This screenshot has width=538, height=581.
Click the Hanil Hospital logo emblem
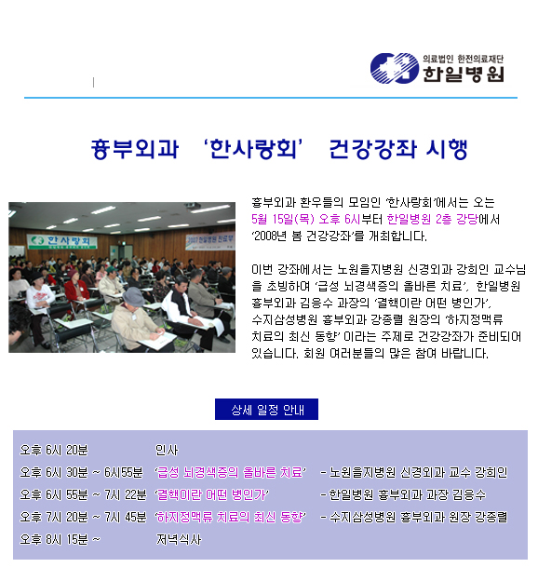(x=395, y=68)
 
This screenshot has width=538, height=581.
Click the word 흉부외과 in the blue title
(x=135, y=149)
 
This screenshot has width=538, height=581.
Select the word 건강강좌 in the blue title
(x=373, y=149)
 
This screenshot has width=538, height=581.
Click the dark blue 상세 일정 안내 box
(x=266, y=410)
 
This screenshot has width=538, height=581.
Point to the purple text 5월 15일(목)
(x=283, y=220)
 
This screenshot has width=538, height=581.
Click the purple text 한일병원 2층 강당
(x=433, y=220)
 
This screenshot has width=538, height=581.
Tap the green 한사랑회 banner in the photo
(x=61, y=241)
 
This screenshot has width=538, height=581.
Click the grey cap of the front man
(x=134, y=296)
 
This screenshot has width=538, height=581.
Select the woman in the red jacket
(x=76, y=289)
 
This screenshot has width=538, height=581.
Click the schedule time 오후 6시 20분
(x=54, y=451)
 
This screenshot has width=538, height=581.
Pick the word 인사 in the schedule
(x=167, y=451)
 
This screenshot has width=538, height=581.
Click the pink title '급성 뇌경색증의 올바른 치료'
(x=230, y=472)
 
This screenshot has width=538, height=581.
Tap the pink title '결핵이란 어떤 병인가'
(x=211, y=494)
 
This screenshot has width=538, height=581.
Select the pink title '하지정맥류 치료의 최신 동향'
(x=230, y=517)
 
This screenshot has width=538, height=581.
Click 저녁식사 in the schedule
(x=179, y=539)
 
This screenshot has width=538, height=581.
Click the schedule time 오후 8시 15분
(x=54, y=539)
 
